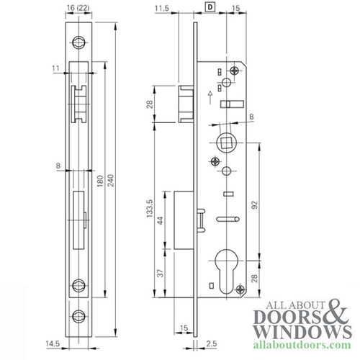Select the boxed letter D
coord(210,8)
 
